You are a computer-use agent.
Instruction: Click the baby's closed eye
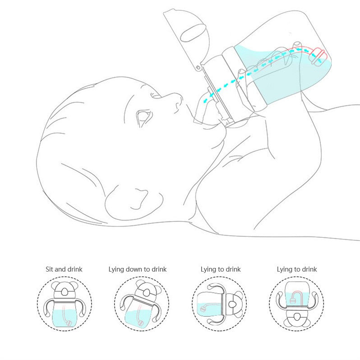144,117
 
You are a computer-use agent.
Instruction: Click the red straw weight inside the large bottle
318,56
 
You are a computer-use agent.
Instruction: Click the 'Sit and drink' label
64,269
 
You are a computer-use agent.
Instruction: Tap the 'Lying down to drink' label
138,269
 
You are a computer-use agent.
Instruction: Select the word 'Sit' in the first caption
49,269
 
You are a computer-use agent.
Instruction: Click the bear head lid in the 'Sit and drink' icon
65,291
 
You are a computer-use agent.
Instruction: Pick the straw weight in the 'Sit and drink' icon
69,323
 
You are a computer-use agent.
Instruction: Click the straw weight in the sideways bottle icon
203,309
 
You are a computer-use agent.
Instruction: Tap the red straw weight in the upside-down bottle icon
292,300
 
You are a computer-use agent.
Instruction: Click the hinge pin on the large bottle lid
198,68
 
